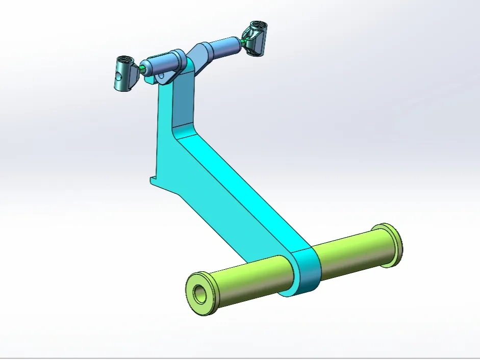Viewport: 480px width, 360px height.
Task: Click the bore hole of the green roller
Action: click(x=199, y=293)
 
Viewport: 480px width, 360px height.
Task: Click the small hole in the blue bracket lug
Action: click(x=162, y=76)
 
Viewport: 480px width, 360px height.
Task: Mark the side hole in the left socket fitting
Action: click(x=118, y=77)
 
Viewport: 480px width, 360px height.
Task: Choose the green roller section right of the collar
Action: click(x=352, y=250)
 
